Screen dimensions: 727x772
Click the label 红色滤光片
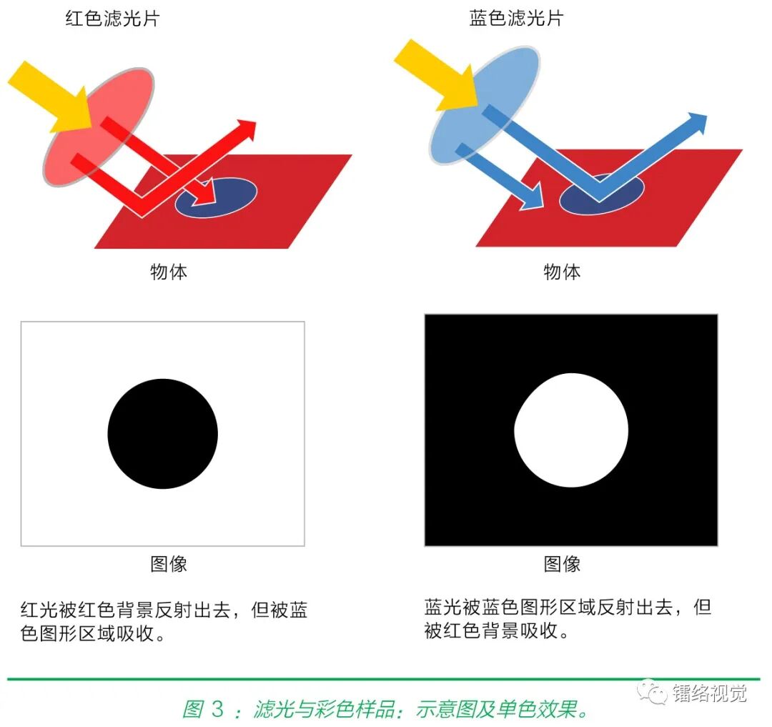tap(112, 18)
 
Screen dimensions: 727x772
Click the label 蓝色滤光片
tap(516, 18)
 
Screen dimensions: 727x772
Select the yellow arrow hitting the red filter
tap(50, 97)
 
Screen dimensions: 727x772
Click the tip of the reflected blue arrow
tap(699, 121)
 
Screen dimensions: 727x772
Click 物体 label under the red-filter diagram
tap(169, 272)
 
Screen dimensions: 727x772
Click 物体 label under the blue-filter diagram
tap(562, 272)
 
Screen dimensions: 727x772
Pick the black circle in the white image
tap(163, 434)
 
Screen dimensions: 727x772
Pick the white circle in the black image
tap(571, 430)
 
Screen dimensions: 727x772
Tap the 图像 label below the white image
tap(169, 564)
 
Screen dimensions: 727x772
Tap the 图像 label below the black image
tap(562, 564)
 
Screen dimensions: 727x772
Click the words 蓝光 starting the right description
tap(442, 608)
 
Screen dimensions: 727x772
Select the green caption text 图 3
tap(204, 709)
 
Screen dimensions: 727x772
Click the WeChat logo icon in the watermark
tap(652, 692)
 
